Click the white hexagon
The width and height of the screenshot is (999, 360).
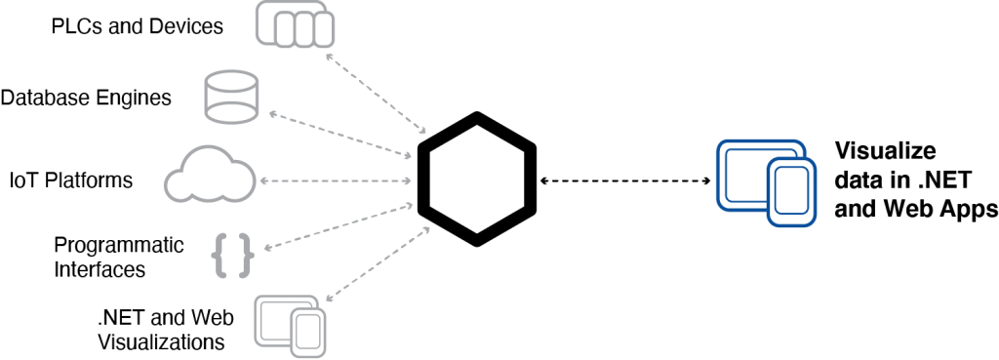pyautogui.click(x=476, y=179)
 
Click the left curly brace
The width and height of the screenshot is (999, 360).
pyautogui.click(x=220, y=256)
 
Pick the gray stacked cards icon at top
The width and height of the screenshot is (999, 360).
pyautogui.click(x=295, y=23)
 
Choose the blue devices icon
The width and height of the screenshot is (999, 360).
pyautogui.click(x=766, y=182)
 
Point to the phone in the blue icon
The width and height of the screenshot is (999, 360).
pyautogui.click(x=791, y=191)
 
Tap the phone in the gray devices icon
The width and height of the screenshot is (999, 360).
pyautogui.click(x=308, y=333)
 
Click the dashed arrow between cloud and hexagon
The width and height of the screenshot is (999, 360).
pyautogui.click(x=337, y=181)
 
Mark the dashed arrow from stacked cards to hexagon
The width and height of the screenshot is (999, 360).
pyautogui.click(x=377, y=94)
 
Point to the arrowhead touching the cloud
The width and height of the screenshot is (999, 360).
pyautogui.click(x=263, y=181)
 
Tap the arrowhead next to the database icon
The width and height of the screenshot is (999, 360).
pyautogui.click(x=271, y=115)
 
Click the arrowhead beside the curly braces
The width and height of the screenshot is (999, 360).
pyautogui.click(x=265, y=248)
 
